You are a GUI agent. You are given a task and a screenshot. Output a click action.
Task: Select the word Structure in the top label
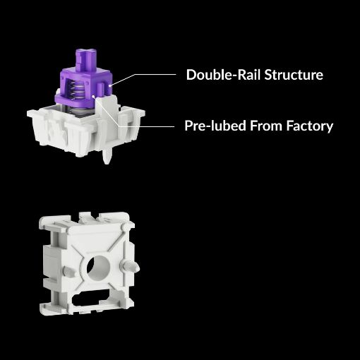click(x=294, y=75)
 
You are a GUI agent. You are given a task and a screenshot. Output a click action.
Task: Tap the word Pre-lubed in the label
click(x=215, y=126)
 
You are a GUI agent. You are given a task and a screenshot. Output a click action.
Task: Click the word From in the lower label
click(x=266, y=126)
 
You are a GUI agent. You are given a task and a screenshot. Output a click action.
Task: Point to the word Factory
click(x=310, y=126)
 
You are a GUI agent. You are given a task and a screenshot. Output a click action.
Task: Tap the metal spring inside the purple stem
click(x=75, y=90)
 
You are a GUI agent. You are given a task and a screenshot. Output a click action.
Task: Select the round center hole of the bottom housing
click(x=98, y=268)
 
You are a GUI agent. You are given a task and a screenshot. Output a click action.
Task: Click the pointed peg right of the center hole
click(x=131, y=267)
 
